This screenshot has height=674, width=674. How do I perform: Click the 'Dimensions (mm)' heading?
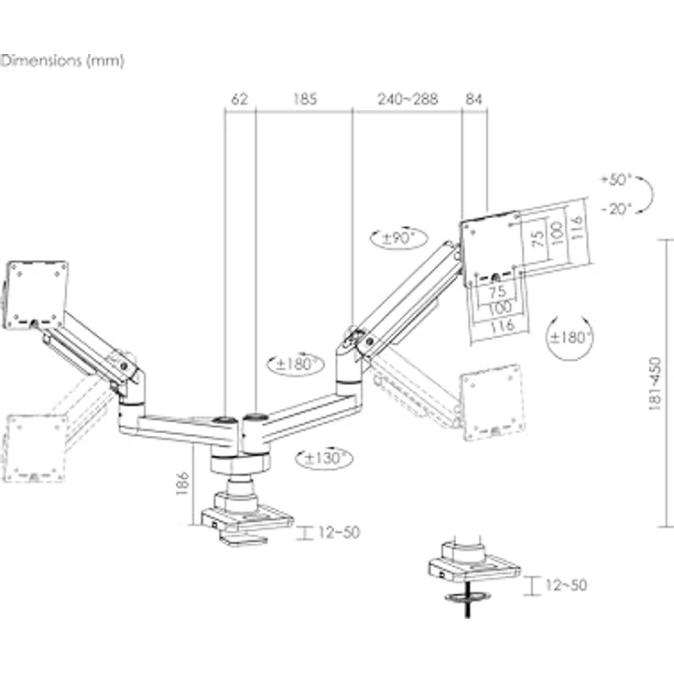click(62, 61)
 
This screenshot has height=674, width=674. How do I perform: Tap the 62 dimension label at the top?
click(240, 99)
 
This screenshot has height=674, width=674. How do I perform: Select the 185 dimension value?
click(304, 99)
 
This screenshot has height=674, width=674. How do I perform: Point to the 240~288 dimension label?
click(408, 99)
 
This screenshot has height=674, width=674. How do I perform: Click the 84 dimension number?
click(474, 99)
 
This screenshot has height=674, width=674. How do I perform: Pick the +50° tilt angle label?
click(618, 179)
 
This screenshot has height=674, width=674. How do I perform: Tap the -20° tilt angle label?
click(618, 208)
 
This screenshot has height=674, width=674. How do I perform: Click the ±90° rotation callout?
click(399, 238)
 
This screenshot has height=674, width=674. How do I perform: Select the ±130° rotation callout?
click(324, 457)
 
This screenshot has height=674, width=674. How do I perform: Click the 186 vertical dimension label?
click(183, 484)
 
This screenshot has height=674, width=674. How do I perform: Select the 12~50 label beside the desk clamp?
click(339, 532)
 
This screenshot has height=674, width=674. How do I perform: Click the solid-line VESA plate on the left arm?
click(37, 293)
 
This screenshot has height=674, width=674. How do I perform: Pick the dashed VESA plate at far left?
click(35, 448)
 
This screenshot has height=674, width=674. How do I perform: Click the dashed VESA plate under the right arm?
click(492, 401)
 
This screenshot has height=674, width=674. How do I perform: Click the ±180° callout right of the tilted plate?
click(570, 337)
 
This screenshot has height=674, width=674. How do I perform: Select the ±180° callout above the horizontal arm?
click(296, 364)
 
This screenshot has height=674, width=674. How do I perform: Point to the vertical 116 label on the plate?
click(574, 224)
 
